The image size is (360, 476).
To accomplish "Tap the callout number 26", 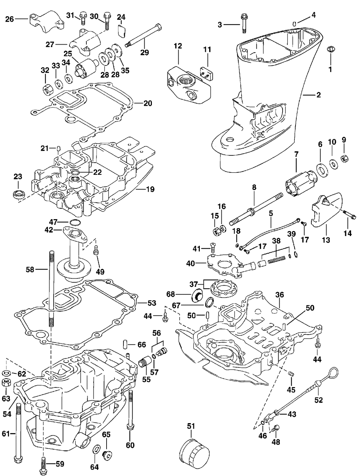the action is [x=10, y=19].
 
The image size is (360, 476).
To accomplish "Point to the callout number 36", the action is [x=279, y=295].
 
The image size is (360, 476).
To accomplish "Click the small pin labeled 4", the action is [x=294, y=24].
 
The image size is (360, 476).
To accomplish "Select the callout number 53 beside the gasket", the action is [x=152, y=303].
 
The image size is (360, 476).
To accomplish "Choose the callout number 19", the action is [x=150, y=189].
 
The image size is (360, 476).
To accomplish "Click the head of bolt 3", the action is [x=243, y=17].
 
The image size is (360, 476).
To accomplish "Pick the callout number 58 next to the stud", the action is [x=30, y=270].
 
